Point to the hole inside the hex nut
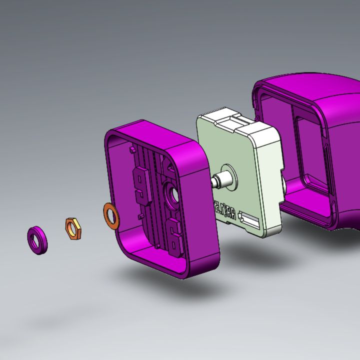(73, 228)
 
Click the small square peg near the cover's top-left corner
(131, 148)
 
